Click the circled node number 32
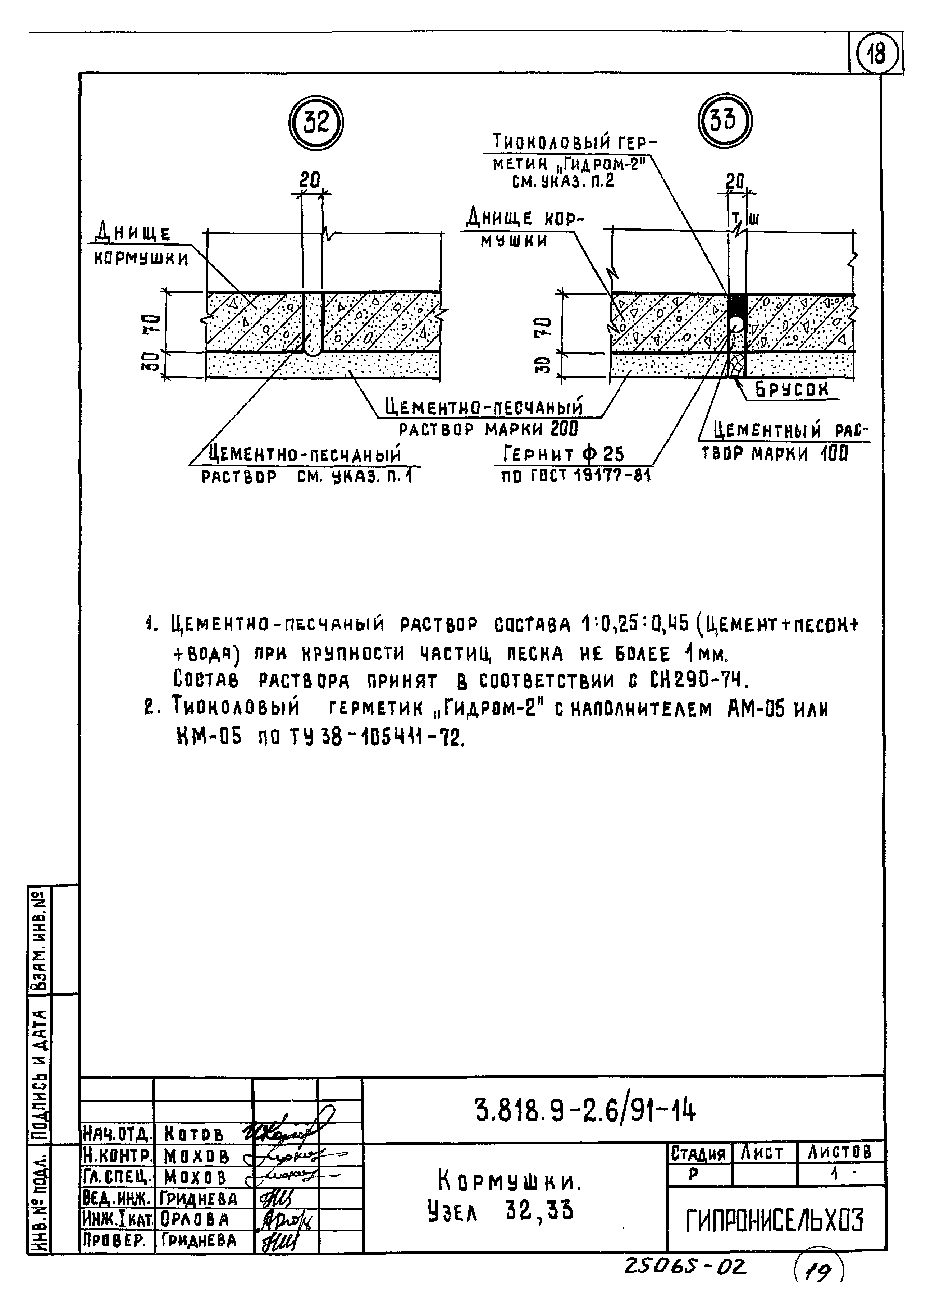(x=315, y=123)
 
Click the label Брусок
(x=792, y=389)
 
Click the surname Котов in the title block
(x=194, y=1134)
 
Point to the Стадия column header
(x=698, y=1154)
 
